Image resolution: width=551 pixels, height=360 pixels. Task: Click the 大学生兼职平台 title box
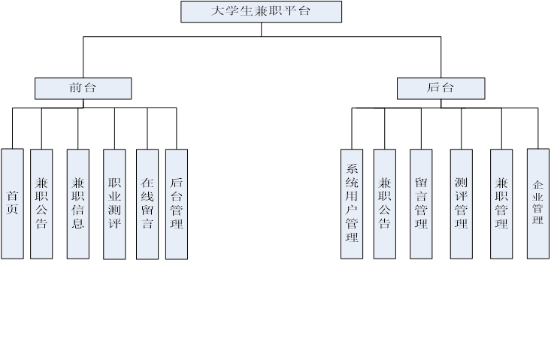261,11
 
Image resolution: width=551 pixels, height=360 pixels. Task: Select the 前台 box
83,89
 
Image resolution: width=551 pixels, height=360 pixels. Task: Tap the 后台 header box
440,89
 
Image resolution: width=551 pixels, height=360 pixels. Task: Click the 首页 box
12,203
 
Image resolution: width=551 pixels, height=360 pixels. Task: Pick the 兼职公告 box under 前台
41,203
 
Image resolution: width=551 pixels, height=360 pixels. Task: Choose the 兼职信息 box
78,203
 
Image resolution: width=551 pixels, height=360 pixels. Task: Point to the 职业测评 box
114,203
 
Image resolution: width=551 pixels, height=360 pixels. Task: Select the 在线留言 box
147,203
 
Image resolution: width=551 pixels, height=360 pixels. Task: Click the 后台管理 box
177,203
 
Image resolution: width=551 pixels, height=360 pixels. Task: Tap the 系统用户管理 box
352,203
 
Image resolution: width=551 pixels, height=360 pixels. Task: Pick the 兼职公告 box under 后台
384,203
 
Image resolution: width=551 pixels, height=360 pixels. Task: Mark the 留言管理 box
421,203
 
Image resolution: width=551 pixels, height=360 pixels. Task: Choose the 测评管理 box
462,203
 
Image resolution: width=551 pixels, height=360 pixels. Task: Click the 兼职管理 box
501,203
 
